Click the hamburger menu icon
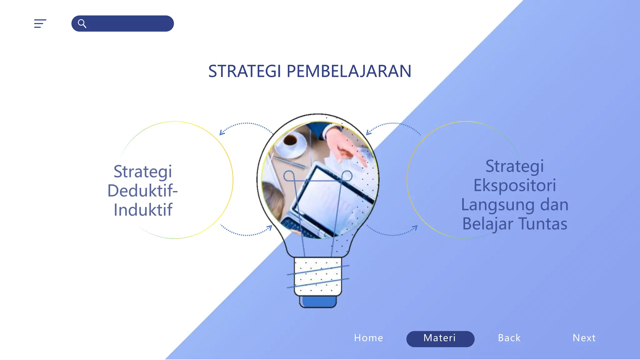(x=40, y=23)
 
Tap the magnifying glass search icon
(x=82, y=23)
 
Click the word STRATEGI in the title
(x=245, y=71)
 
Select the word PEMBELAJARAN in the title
(x=349, y=71)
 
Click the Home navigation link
(x=368, y=338)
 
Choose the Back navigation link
(x=509, y=338)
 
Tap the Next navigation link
(x=584, y=338)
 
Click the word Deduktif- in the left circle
(x=142, y=191)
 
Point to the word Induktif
(x=143, y=210)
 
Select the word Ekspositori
(x=514, y=185)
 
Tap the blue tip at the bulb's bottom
(x=318, y=302)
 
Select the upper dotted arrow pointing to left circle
(x=245, y=125)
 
